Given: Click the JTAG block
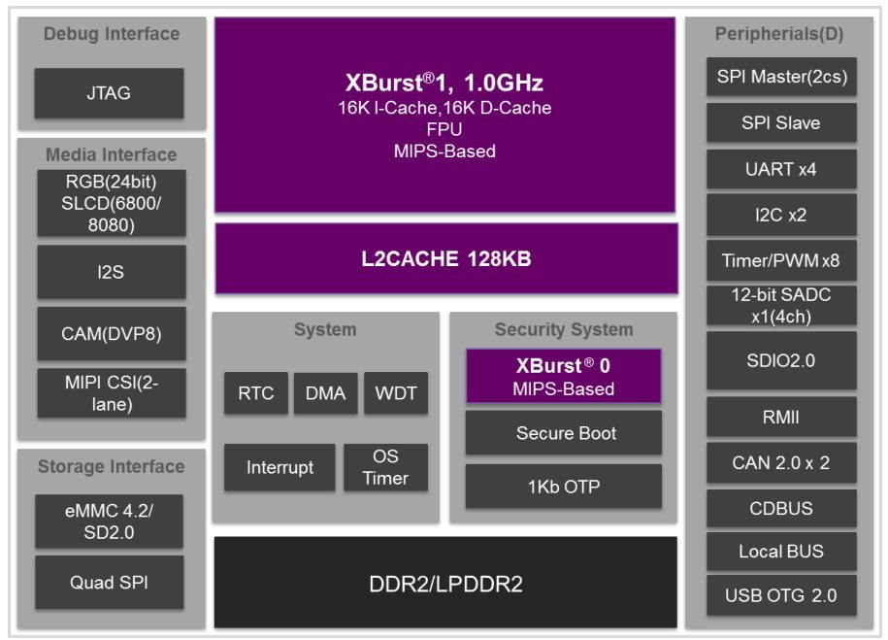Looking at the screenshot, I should pyautogui.click(x=109, y=93).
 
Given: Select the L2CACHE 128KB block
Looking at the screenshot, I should pyautogui.click(x=445, y=259).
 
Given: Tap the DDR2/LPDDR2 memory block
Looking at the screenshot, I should pyautogui.click(x=445, y=583).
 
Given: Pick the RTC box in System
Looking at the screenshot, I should pyautogui.click(x=256, y=393).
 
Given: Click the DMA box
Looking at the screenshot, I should pyautogui.click(x=325, y=393).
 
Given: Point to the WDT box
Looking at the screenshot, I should pyautogui.click(x=395, y=393).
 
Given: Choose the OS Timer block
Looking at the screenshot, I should pyautogui.click(x=385, y=467).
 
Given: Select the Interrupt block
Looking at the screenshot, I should pyautogui.click(x=280, y=467).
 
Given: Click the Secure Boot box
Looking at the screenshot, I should pyautogui.click(x=565, y=433).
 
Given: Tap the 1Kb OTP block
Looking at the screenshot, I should pyautogui.click(x=565, y=487).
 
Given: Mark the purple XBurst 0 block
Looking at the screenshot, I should pyautogui.click(x=564, y=377).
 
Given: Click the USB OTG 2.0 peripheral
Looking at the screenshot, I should pyautogui.click(x=780, y=594).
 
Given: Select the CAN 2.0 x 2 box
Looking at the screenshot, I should pyautogui.click(x=780, y=462).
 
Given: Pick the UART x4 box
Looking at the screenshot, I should pyautogui.click(x=780, y=169).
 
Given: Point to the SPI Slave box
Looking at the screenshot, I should pyautogui.click(x=780, y=123).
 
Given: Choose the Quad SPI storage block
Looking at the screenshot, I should pyautogui.click(x=109, y=583).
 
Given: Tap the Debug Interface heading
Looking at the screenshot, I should pyautogui.click(x=112, y=34).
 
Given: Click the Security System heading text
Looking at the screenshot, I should pyautogui.click(x=563, y=329).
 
